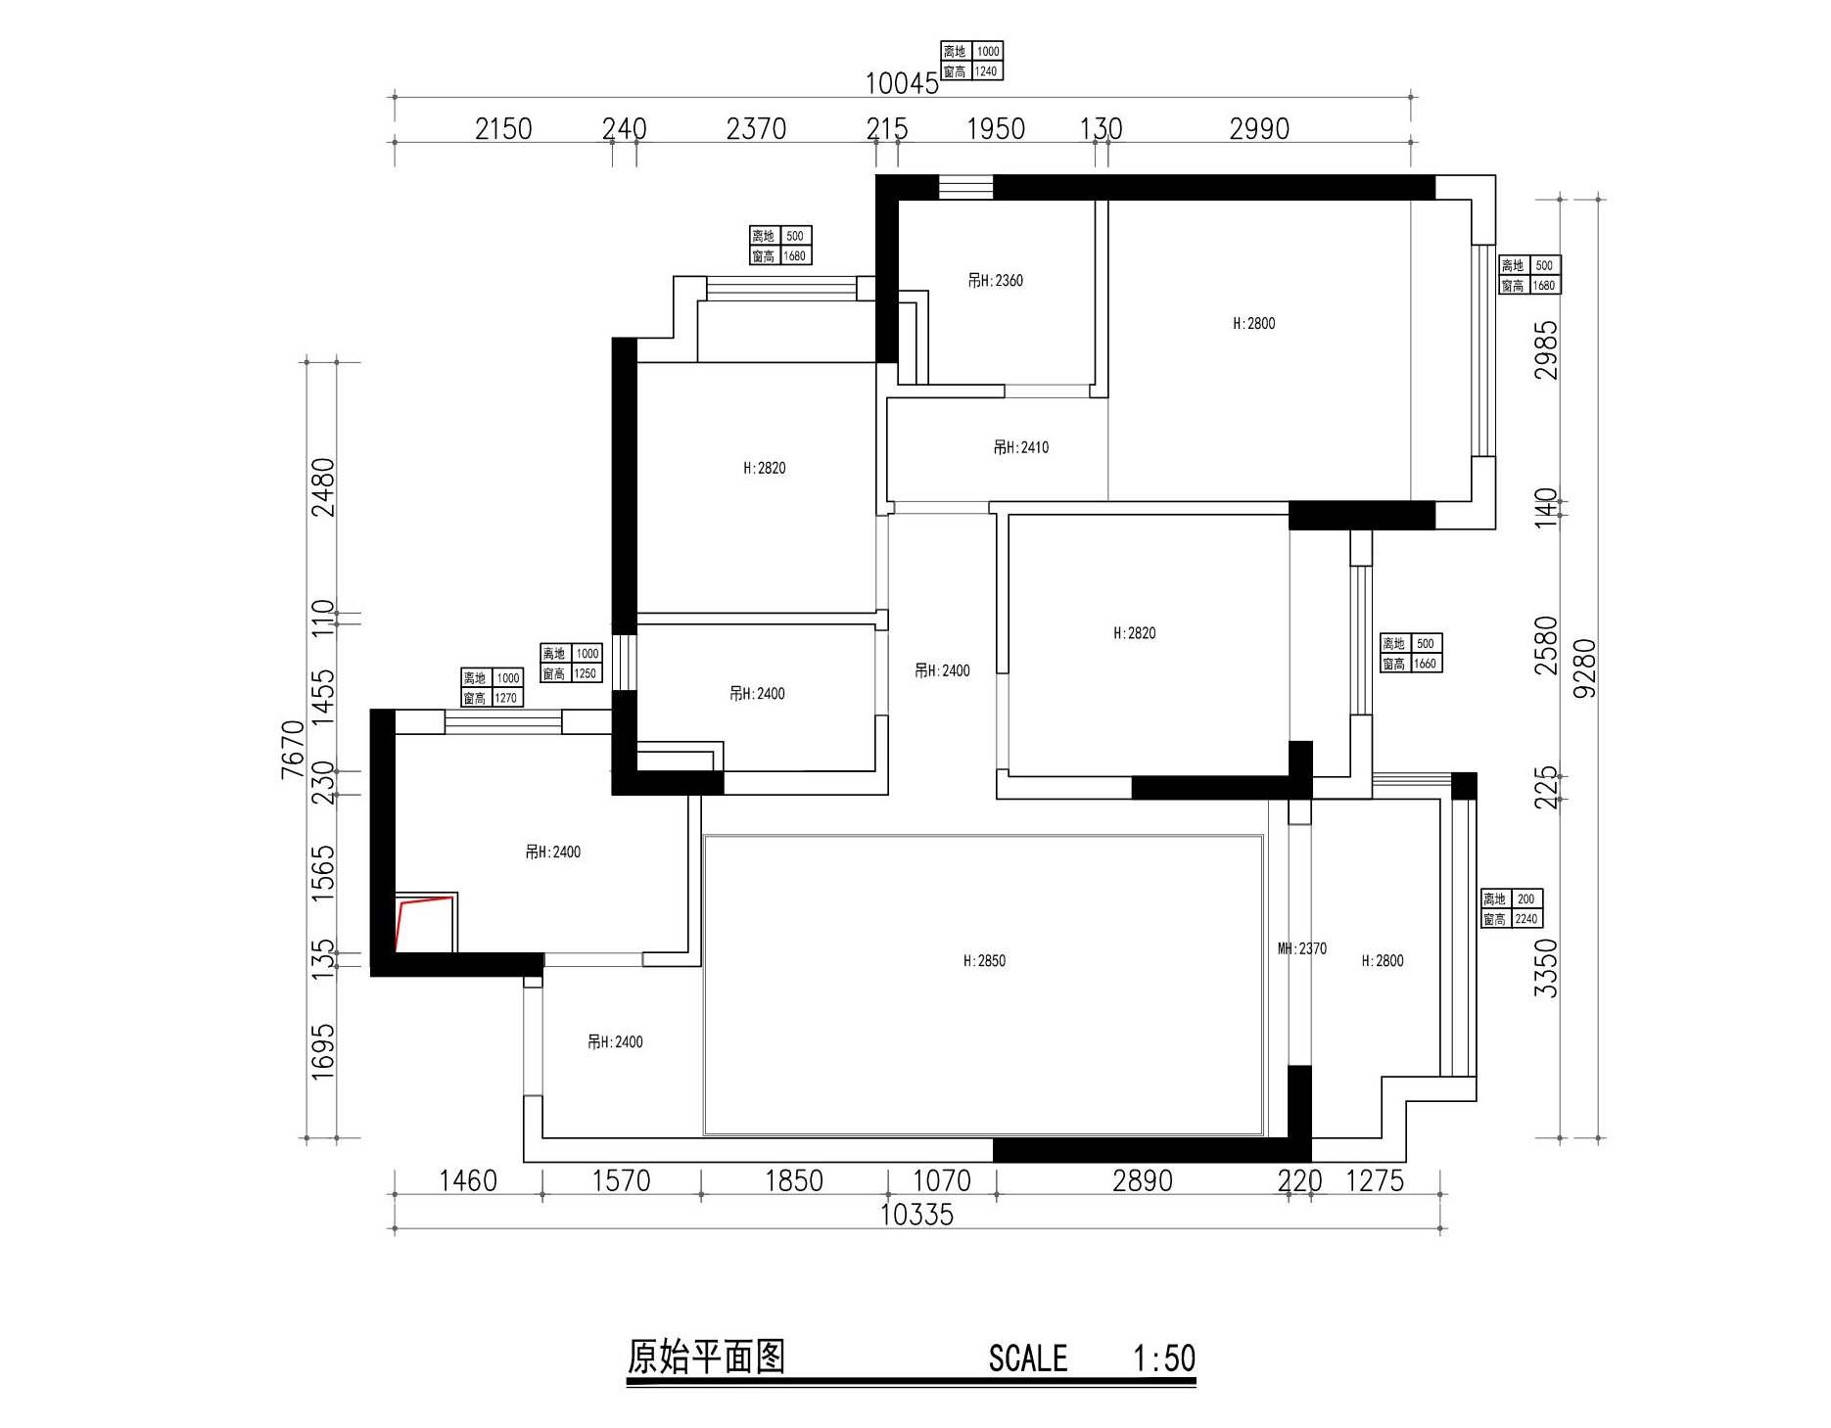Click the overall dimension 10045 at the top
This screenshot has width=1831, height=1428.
pyautogui.click(x=901, y=84)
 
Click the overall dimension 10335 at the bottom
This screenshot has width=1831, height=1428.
pyautogui.click(x=915, y=1215)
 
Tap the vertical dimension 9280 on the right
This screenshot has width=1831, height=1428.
pyautogui.click(x=1583, y=668)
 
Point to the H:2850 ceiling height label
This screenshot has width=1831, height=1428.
pyautogui.click(x=984, y=961)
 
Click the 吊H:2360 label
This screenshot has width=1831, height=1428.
pyautogui.click(x=995, y=281)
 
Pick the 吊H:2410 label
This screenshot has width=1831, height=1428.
pyautogui.click(x=1020, y=447)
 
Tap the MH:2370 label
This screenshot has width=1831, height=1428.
pyautogui.click(x=1301, y=948)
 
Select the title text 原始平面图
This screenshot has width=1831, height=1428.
pyautogui.click(x=705, y=1358)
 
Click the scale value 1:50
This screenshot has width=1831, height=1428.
pyautogui.click(x=1164, y=1359)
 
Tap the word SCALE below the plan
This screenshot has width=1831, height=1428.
pyautogui.click(x=1027, y=1359)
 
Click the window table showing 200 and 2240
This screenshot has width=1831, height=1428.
pyautogui.click(x=1511, y=908)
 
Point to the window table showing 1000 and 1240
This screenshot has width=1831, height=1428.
pyautogui.click(x=971, y=61)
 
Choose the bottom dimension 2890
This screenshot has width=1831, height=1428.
pyautogui.click(x=1142, y=1180)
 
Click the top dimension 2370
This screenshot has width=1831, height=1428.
pyautogui.click(x=756, y=129)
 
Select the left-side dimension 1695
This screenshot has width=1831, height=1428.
pyautogui.click(x=322, y=1051)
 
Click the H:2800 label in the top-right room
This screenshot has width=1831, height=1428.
pyautogui.click(x=1253, y=324)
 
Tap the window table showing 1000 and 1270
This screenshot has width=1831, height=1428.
pyautogui.click(x=492, y=687)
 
